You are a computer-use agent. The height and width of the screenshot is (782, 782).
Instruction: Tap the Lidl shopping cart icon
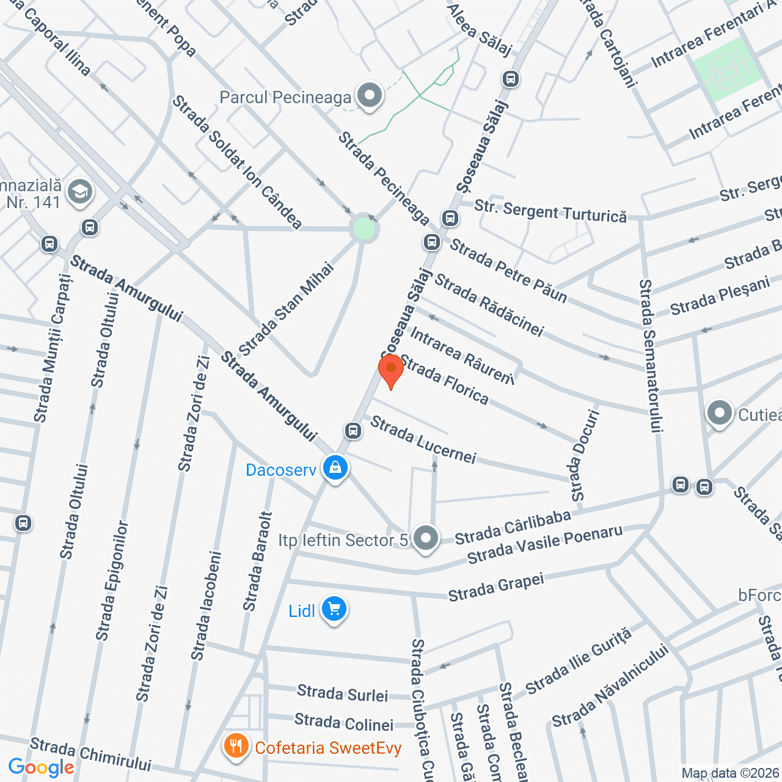tap(334, 609)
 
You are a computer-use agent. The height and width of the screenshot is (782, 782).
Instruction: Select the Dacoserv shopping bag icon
tap(335, 469)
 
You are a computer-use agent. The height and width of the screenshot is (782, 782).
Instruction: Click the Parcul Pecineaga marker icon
tap(369, 96)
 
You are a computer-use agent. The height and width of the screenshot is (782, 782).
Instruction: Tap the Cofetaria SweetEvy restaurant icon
tap(236, 746)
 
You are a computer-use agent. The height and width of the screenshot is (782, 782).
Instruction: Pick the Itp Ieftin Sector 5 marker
tap(425, 538)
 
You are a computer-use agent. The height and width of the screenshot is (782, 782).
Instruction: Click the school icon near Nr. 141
tap(79, 192)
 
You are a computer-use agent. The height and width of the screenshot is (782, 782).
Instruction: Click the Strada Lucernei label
tap(423, 439)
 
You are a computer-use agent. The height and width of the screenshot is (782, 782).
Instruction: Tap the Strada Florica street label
tap(444, 380)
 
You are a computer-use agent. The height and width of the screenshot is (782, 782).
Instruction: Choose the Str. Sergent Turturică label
tap(550, 211)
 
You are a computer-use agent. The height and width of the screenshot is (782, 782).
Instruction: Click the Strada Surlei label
tap(342, 693)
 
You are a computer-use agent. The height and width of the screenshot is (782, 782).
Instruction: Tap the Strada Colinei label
tap(343, 723)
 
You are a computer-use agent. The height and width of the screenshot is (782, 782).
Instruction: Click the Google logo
tap(41, 767)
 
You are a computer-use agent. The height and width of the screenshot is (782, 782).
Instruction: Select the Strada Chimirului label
tap(90, 755)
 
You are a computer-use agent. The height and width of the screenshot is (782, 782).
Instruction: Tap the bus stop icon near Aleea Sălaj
tap(510, 79)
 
